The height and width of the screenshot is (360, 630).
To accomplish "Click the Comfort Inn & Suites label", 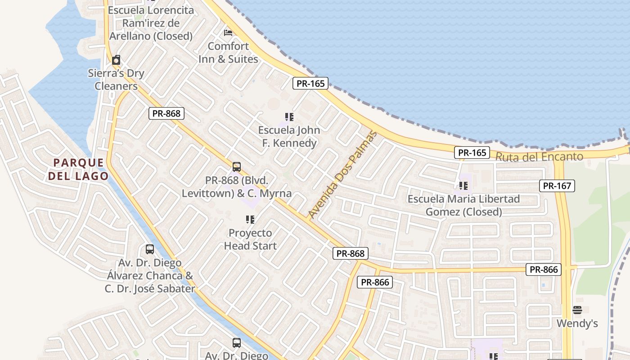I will click(228, 53).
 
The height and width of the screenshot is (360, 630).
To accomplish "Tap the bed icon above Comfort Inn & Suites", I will click(228, 32).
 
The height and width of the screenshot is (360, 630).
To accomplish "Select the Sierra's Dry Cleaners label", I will click(116, 80).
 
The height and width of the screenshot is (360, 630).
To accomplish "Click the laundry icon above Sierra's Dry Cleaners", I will click(116, 60).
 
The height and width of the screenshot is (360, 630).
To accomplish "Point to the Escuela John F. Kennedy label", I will click(289, 137).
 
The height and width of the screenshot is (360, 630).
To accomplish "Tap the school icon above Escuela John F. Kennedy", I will click(289, 117).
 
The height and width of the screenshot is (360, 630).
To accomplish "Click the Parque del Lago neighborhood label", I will click(79, 169).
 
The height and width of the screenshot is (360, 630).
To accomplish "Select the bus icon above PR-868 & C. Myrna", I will click(237, 167).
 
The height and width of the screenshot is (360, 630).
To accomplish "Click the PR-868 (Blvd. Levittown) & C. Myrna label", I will click(237, 187).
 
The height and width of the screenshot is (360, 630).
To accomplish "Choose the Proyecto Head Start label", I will click(250, 239).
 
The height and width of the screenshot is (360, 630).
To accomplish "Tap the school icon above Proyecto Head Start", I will click(250, 220).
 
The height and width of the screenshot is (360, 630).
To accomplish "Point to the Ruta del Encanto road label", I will click(539, 157).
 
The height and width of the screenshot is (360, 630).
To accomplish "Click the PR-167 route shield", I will click(557, 185).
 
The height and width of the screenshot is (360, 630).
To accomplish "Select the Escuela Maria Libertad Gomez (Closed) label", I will click(463, 205).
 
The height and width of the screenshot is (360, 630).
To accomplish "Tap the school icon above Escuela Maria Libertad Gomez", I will click(463, 185).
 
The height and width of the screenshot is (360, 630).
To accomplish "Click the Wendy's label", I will click(577, 324).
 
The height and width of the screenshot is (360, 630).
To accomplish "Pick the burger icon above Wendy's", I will click(577, 310).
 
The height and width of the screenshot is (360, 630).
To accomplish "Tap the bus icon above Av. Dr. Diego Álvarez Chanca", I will click(150, 249).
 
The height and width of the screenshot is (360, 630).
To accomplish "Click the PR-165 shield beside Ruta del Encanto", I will click(472, 153).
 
